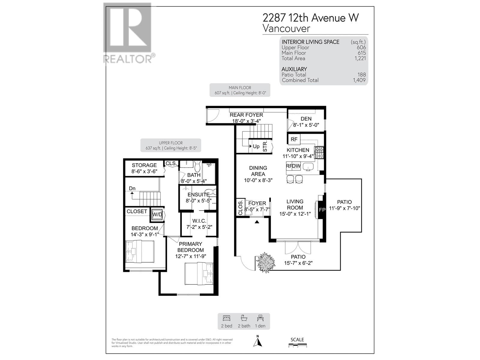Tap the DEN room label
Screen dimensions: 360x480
306,119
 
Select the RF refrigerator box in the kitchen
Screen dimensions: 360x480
294,139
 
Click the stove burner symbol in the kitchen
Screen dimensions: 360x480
319,152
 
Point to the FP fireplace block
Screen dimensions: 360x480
322,210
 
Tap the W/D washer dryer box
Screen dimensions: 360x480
157,214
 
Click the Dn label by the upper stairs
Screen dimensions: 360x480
132,188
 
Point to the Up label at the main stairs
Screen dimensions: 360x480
256,146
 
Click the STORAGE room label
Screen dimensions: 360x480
144,165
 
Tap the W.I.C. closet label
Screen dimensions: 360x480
199,221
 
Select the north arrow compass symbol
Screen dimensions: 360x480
258,341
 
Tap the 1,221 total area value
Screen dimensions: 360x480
360,58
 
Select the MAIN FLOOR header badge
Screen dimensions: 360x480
240,90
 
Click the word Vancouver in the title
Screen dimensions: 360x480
286,28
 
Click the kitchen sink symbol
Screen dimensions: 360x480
308,166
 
